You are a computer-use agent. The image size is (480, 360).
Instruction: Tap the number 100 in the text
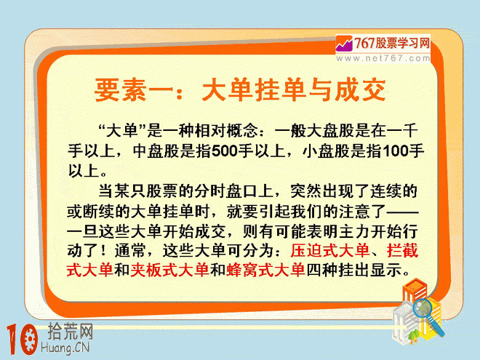395,151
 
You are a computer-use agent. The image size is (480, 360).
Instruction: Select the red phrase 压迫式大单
330,251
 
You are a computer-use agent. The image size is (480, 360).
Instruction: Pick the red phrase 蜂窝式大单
265,270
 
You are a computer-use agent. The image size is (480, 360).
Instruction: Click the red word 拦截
402,251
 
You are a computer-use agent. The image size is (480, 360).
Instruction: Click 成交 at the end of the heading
360,89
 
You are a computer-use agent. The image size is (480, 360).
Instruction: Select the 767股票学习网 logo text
392,43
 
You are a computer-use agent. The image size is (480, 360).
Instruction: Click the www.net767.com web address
383,58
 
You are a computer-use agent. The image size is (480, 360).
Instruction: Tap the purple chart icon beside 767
345,44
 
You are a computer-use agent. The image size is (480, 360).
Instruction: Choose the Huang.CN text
65,348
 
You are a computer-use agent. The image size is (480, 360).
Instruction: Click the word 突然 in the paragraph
305,191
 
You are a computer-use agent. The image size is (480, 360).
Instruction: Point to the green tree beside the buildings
414,335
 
